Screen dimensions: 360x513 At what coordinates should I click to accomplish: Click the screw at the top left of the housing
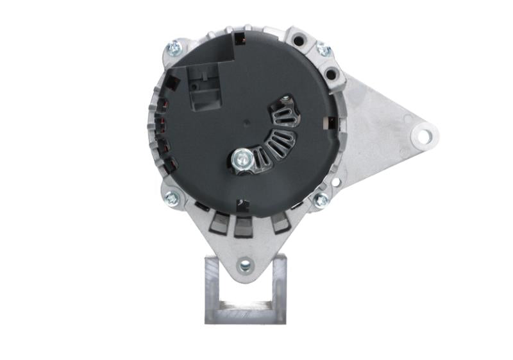[x=174, y=46]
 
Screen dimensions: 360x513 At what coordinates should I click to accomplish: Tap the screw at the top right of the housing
[x=324, y=49]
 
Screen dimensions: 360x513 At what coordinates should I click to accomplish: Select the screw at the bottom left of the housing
[x=172, y=199]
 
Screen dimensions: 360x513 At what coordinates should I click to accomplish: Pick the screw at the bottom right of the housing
[x=320, y=201]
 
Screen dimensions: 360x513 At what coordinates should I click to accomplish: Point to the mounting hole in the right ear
[x=423, y=136]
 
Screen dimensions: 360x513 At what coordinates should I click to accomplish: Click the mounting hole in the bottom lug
[x=244, y=264]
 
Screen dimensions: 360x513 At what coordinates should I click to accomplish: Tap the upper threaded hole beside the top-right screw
[x=298, y=40]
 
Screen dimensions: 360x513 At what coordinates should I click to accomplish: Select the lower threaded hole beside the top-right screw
[x=331, y=74]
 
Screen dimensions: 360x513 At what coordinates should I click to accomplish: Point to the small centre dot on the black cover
[x=246, y=120]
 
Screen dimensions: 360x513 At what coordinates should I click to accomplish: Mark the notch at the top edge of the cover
[x=239, y=39]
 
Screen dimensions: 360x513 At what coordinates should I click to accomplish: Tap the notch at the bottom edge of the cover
[x=242, y=205]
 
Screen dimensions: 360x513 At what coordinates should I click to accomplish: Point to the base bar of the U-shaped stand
[x=245, y=315]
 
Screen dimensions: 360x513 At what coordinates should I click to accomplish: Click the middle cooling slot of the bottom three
[x=243, y=226]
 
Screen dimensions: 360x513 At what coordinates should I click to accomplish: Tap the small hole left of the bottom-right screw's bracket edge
[x=335, y=182]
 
